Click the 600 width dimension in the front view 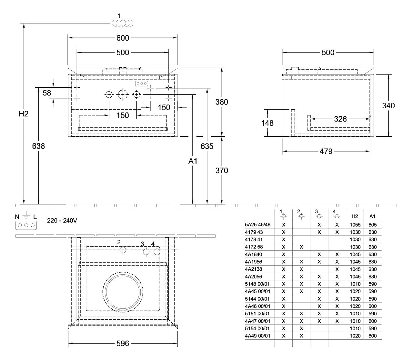[x=123, y=38]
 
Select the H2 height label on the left [x=24, y=114]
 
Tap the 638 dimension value [x=38, y=146]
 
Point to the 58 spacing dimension [x=47, y=93]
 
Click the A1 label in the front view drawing [x=193, y=161]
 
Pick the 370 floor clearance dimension [x=222, y=170]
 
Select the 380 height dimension [x=222, y=102]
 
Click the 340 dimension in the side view [x=388, y=105]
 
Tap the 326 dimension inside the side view [x=340, y=119]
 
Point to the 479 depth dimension [x=326, y=151]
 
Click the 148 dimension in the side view [x=267, y=123]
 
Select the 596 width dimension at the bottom [x=123, y=344]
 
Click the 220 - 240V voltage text [x=62, y=221]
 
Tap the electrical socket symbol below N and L [x=25, y=225]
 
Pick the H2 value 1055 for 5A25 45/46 [x=355, y=225]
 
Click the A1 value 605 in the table [x=372, y=225]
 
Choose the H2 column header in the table [x=355, y=216]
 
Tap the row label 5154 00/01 [x=257, y=328]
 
